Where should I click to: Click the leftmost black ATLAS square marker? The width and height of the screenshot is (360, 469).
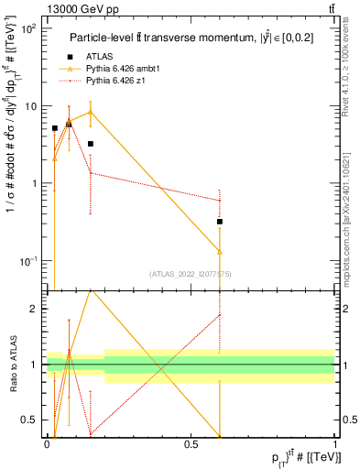(x=55, y=128)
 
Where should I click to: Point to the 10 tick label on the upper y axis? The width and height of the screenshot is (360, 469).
(x=31, y=106)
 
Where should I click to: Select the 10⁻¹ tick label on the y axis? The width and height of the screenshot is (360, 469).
(x=28, y=261)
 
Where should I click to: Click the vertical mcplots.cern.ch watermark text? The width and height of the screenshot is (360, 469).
(x=349, y=211)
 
